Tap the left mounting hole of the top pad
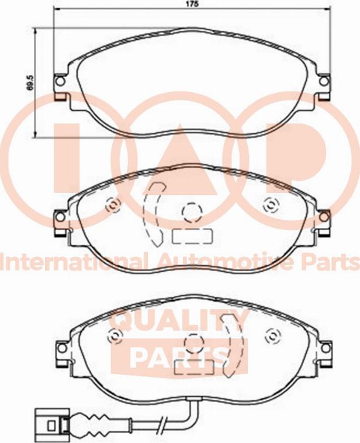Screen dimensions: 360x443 point(60,81)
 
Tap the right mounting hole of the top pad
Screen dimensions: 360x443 point(324,81)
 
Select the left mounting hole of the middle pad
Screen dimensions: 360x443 point(60,217)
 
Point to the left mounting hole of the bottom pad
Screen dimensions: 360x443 point(62,348)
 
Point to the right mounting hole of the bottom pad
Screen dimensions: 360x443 point(326,348)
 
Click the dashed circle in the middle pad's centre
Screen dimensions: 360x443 point(192,213)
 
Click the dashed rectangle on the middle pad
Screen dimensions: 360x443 point(192,236)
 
